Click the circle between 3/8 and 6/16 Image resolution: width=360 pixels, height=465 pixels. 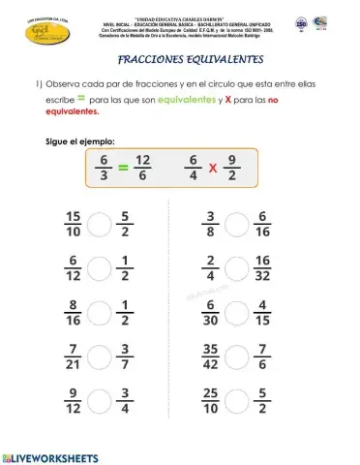(237, 225)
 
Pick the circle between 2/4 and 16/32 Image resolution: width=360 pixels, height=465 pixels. (237, 268)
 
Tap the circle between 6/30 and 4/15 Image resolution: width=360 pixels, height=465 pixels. (237, 312)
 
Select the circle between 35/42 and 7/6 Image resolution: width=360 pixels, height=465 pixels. (237, 356)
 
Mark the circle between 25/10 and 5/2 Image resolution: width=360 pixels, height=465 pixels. (237, 399)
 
